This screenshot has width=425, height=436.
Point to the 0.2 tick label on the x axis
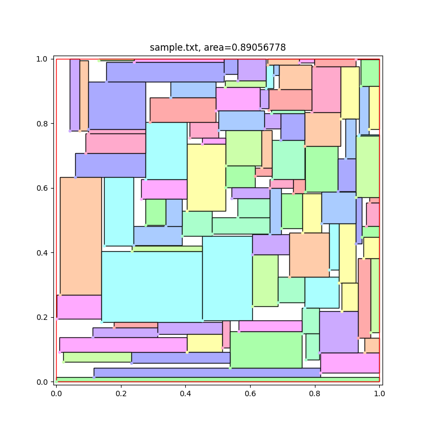coord(120,391)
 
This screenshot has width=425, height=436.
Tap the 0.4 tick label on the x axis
coord(185,391)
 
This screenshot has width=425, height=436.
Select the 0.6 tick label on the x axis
coord(250,391)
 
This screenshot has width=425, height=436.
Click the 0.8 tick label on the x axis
coord(314,391)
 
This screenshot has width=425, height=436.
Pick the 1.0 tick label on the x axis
coord(379,391)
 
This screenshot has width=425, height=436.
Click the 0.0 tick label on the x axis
coord(56,391)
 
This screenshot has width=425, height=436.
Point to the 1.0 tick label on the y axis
coord(45,59)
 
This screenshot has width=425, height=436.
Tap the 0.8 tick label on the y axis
coord(45,124)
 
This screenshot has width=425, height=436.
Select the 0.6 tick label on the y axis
coord(45,188)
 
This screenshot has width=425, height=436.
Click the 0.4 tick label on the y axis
coord(45,253)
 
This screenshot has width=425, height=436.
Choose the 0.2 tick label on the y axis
coord(45,317)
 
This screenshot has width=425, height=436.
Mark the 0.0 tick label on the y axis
coord(45,381)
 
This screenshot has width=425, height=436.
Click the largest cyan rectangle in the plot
coord(152,287)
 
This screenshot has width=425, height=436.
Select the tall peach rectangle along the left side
coord(81,236)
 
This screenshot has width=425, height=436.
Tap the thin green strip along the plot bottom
coord(218,379)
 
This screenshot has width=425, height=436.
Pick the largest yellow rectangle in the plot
coord(207,178)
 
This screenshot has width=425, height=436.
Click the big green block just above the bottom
coord(266,349)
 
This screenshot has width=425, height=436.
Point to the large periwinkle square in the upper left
coord(117,105)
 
